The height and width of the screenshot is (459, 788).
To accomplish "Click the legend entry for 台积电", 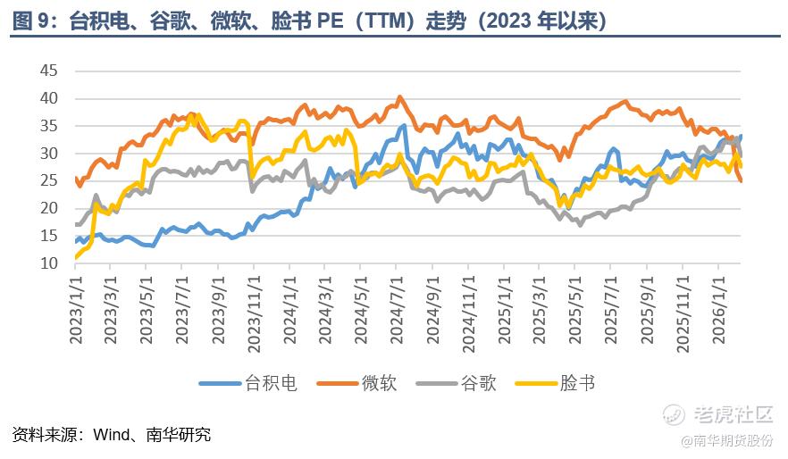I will [x=270, y=383].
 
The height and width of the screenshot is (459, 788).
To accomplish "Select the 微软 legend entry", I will [x=379, y=383].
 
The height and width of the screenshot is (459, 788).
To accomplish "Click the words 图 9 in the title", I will [x=30, y=21].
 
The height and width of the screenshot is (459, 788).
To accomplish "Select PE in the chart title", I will [x=331, y=21].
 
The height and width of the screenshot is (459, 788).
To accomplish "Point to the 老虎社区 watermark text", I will [x=732, y=415].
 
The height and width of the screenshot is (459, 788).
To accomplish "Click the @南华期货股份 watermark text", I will [x=726, y=440].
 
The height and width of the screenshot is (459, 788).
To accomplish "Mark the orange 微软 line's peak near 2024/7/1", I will [x=399, y=96].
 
